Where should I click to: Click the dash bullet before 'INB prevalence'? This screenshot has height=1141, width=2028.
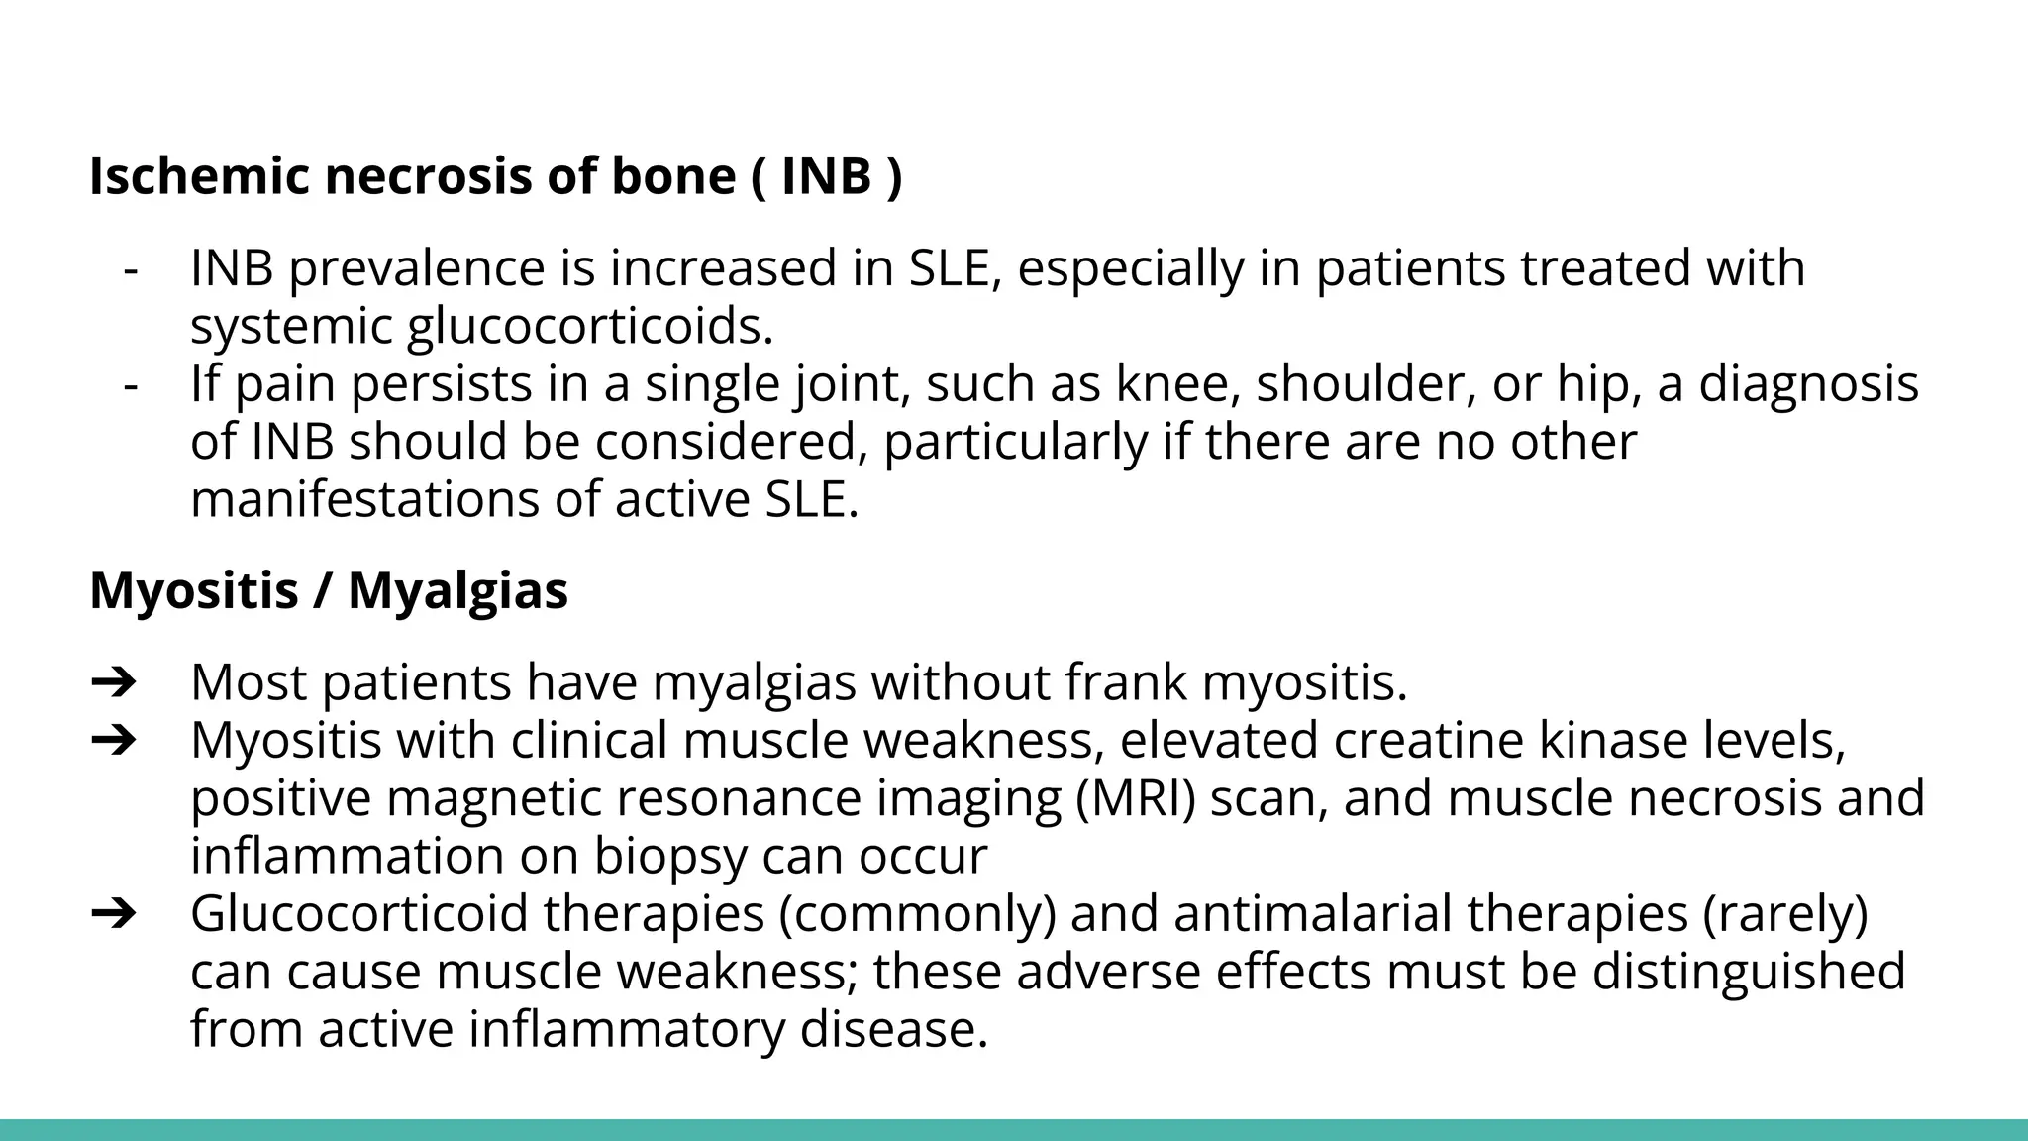130,269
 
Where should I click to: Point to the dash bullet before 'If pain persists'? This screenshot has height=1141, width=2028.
130,384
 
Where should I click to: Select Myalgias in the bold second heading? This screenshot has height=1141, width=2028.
457,591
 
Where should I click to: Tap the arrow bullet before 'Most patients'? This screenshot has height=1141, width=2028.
113,683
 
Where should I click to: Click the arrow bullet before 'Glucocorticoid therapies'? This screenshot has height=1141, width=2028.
113,913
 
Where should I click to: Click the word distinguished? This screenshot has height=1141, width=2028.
1749,971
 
